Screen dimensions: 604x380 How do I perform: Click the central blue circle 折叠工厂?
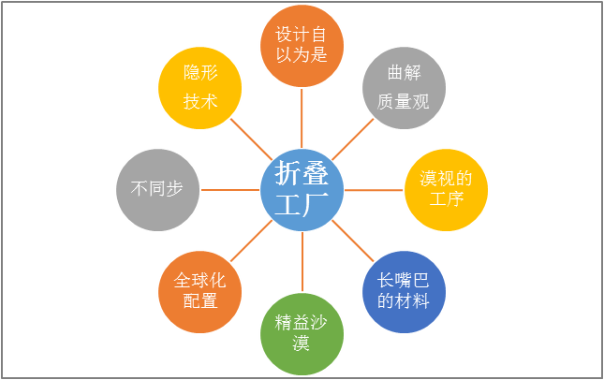click(x=302, y=190)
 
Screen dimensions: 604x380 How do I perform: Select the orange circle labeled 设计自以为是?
click(x=302, y=46)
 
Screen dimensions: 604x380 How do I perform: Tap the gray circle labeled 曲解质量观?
click(x=405, y=88)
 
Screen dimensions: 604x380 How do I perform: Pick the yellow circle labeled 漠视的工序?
click(x=446, y=190)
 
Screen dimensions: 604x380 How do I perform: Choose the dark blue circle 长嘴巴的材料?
click(x=405, y=292)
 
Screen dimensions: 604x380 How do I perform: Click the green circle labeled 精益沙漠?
click(x=302, y=334)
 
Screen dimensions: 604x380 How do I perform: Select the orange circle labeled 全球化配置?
click(x=199, y=292)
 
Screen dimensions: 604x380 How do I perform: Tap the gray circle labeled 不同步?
click(x=158, y=190)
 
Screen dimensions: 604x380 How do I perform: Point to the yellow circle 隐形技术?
click(x=199, y=88)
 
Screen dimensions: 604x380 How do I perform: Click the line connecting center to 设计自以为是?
click(x=302, y=118)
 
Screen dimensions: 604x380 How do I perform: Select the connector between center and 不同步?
click(x=230, y=190)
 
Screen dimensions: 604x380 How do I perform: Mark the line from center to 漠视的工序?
click(x=374, y=190)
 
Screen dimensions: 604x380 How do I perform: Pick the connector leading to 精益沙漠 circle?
click(x=302, y=262)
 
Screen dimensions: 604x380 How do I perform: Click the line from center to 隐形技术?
click(x=251, y=139)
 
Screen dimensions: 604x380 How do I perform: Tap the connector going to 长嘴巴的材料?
click(x=353, y=241)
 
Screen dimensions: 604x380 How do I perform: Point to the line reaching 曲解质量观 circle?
click(x=353, y=139)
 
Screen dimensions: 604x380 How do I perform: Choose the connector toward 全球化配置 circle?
click(x=251, y=241)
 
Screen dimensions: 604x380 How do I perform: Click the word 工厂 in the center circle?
click(x=302, y=204)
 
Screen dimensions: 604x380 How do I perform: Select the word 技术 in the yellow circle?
click(x=200, y=102)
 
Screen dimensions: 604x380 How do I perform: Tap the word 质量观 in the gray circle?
click(x=404, y=102)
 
